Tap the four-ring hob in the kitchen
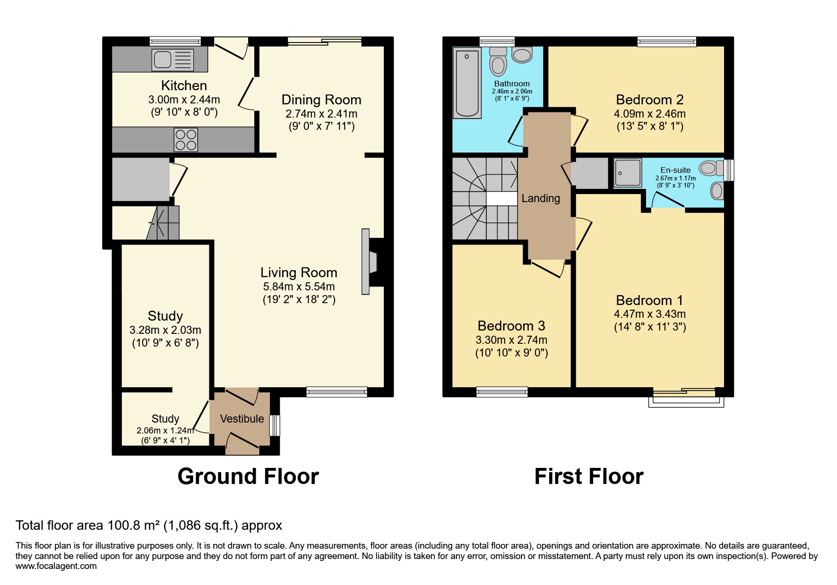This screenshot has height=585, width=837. pos(186,140)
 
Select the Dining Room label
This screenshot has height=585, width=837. pos(321,100)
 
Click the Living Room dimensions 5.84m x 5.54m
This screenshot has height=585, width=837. pos(299,287)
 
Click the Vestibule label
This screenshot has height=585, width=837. pos(242,419)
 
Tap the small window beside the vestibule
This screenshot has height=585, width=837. pos(275,425)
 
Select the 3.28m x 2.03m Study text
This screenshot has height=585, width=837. pos(165,330)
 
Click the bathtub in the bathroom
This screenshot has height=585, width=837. pos(467,84)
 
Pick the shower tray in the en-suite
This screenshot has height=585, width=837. pos(628,173)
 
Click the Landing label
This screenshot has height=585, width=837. pos(541,198)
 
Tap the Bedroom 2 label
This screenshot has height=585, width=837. pos(649,100)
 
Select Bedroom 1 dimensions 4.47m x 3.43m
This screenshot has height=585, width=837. pos(649,314)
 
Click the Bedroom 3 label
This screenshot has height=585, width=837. pos(511,326)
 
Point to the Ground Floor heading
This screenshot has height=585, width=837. pos(248,476)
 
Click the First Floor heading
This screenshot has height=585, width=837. pos(588,476)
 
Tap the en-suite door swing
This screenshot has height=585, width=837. pos(667,201)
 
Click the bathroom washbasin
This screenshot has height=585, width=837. pos(522,56)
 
